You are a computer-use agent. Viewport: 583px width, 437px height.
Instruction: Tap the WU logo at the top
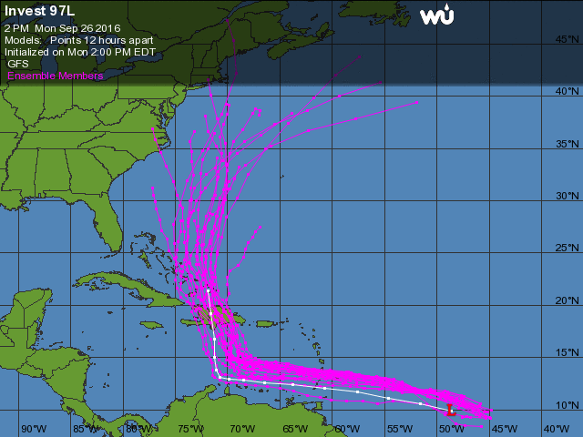click(439, 15)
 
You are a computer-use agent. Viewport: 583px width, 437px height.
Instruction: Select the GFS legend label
click(18, 64)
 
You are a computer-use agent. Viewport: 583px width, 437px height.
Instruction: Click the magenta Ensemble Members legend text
click(55, 76)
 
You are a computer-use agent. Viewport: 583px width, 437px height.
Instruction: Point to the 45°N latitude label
click(568, 39)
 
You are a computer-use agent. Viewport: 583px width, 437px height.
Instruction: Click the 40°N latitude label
click(568, 91)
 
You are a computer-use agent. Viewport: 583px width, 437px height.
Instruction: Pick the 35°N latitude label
click(568, 144)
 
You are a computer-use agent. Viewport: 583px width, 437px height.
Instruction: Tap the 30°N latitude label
click(568, 196)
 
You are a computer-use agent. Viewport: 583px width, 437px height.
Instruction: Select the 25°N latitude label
click(568, 248)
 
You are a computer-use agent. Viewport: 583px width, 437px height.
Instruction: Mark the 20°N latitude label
click(568, 300)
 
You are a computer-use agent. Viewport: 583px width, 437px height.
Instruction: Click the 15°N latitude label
click(568, 352)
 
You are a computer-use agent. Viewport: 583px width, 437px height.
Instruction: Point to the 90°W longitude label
click(34, 428)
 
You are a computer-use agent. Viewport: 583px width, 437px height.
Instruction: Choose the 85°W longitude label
click(86, 428)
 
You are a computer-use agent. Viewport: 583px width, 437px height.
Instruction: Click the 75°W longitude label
click(190, 428)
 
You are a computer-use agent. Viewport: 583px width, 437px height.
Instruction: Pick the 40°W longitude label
click(556, 428)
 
